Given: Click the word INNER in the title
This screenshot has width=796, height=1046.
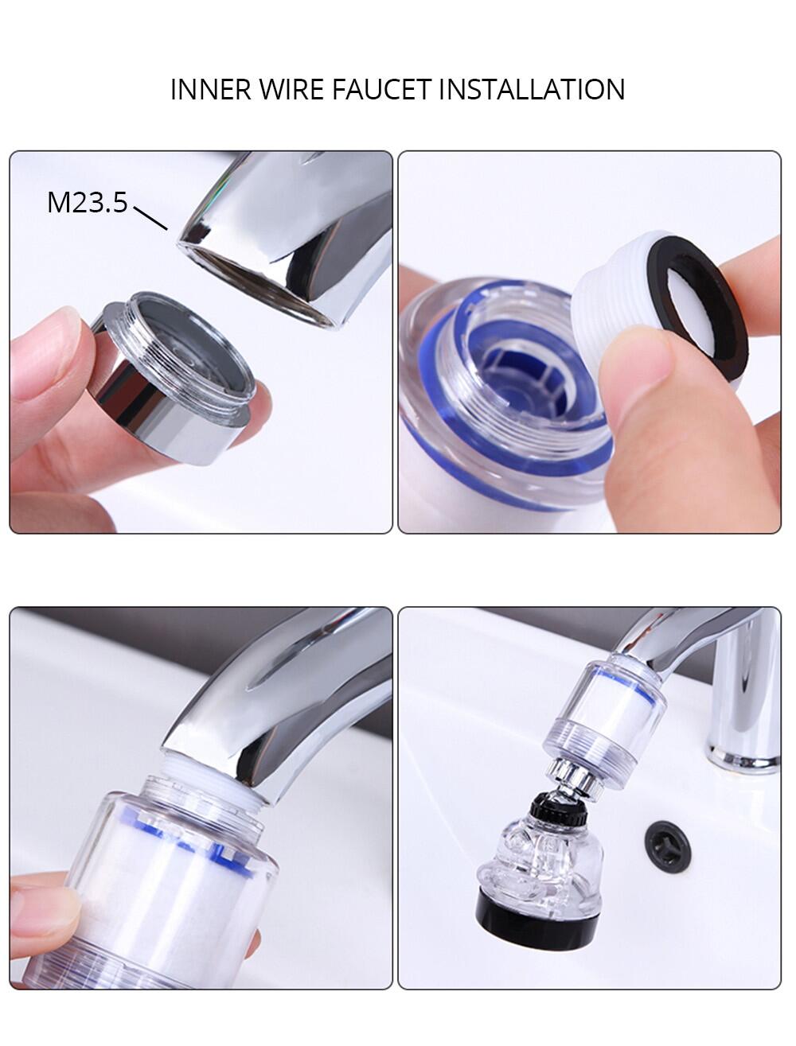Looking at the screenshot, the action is tap(210, 89).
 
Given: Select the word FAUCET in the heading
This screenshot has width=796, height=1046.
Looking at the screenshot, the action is tap(380, 89).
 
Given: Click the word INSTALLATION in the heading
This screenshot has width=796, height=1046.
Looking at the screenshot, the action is tap(532, 89).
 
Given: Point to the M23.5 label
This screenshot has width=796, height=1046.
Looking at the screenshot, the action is tap(88, 202).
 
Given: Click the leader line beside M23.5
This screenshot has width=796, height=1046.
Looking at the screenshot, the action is tap(150, 218).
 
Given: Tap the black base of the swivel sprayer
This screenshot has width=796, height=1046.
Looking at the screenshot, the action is tap(537, 965).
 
